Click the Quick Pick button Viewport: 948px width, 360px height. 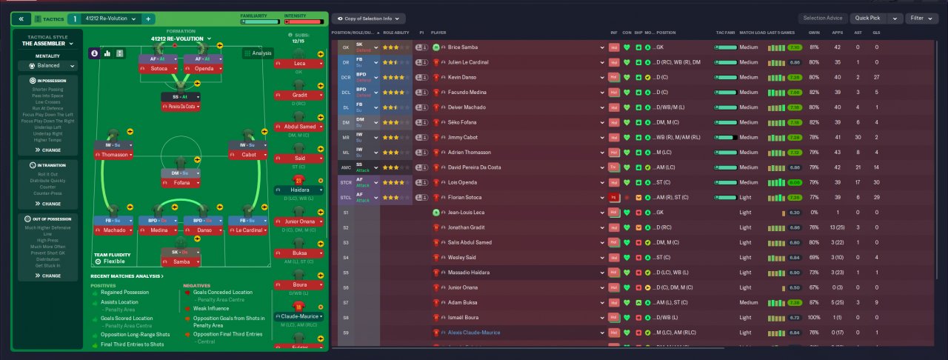[867, 18]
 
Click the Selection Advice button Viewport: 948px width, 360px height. [822, 18]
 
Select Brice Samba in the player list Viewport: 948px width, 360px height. [462, 47]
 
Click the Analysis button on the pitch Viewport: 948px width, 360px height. [258, 53]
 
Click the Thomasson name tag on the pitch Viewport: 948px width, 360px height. [113, 155]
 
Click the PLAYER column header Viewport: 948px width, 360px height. [439, 33]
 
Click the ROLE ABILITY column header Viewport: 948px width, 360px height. [396, 33]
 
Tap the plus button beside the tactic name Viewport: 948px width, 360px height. [147, 19]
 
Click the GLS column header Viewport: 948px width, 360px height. [877, 33]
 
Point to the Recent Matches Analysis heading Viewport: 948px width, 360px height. [127, 276]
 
